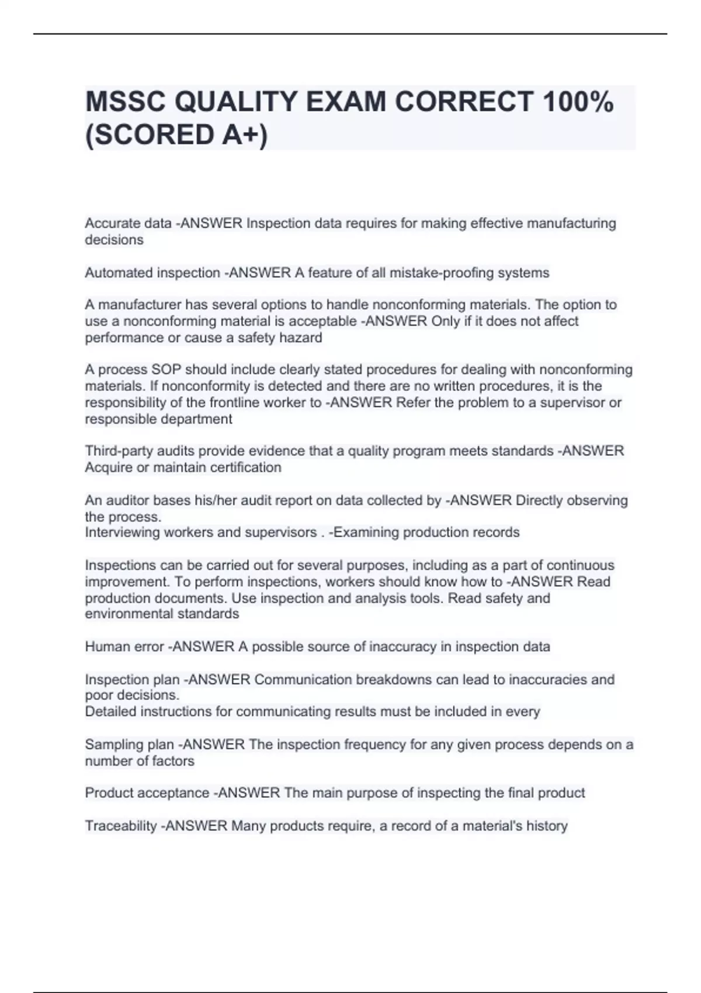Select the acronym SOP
tap(166, 370)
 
